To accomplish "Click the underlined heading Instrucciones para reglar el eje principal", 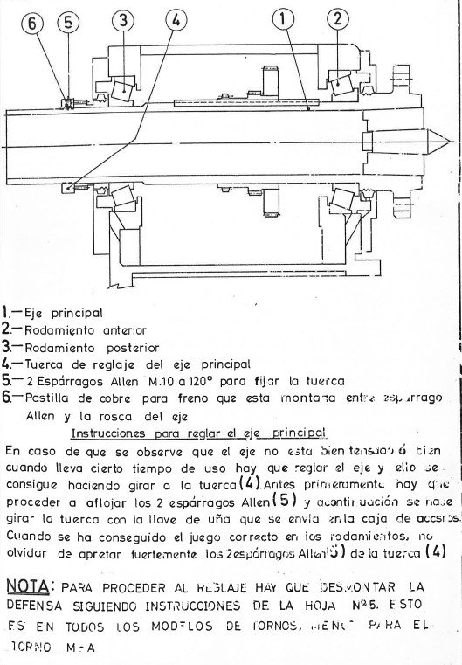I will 197,433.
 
